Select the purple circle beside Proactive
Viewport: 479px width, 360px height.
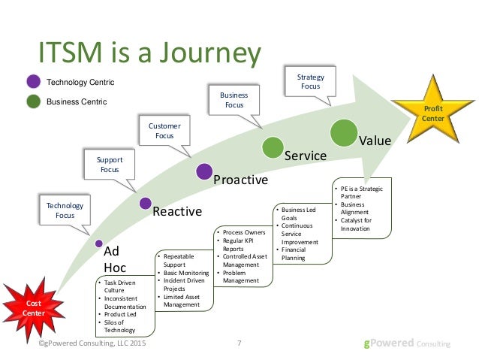point(203,171)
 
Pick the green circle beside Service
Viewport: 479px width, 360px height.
point(272,147)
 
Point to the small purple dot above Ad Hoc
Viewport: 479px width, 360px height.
point(99,243)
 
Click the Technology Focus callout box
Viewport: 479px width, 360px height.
point(65,210)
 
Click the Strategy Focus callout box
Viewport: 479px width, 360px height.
point(309,81)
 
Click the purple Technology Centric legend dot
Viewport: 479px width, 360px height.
point(32,82)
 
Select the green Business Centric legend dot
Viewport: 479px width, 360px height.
point(32,101)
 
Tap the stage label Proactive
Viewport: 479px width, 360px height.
point(239,180)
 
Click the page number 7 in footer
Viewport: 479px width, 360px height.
point(239,343)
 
